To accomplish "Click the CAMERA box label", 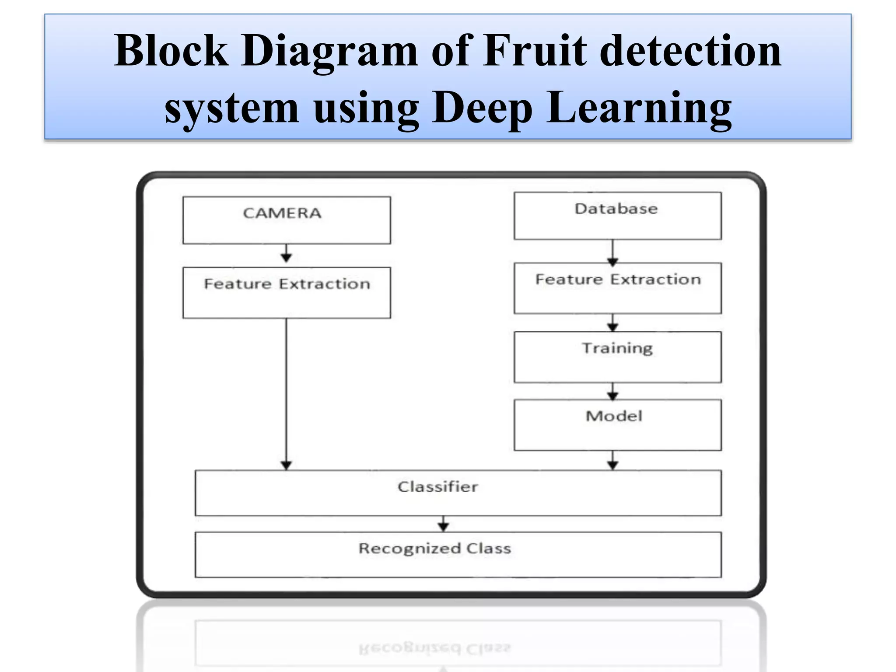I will pos(282,213).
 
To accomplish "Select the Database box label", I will pos(616,209).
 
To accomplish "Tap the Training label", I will pos(617,348).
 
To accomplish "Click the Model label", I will pos(614,416).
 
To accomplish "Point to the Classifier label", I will pos(437,487).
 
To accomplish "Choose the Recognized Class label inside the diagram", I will pos(435,549).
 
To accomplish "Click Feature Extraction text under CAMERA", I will pos(287,284).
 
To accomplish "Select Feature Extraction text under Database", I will pos(618,280).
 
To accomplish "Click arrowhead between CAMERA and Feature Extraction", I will pos(287,258).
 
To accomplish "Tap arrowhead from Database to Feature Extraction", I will pos(613,262).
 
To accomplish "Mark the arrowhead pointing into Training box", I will pos(613,327).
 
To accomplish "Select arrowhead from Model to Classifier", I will pos(613,465).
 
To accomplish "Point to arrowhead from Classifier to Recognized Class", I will pos(443,527).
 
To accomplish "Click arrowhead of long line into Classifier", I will pos(287,465).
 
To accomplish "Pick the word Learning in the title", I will pos(639,108).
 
